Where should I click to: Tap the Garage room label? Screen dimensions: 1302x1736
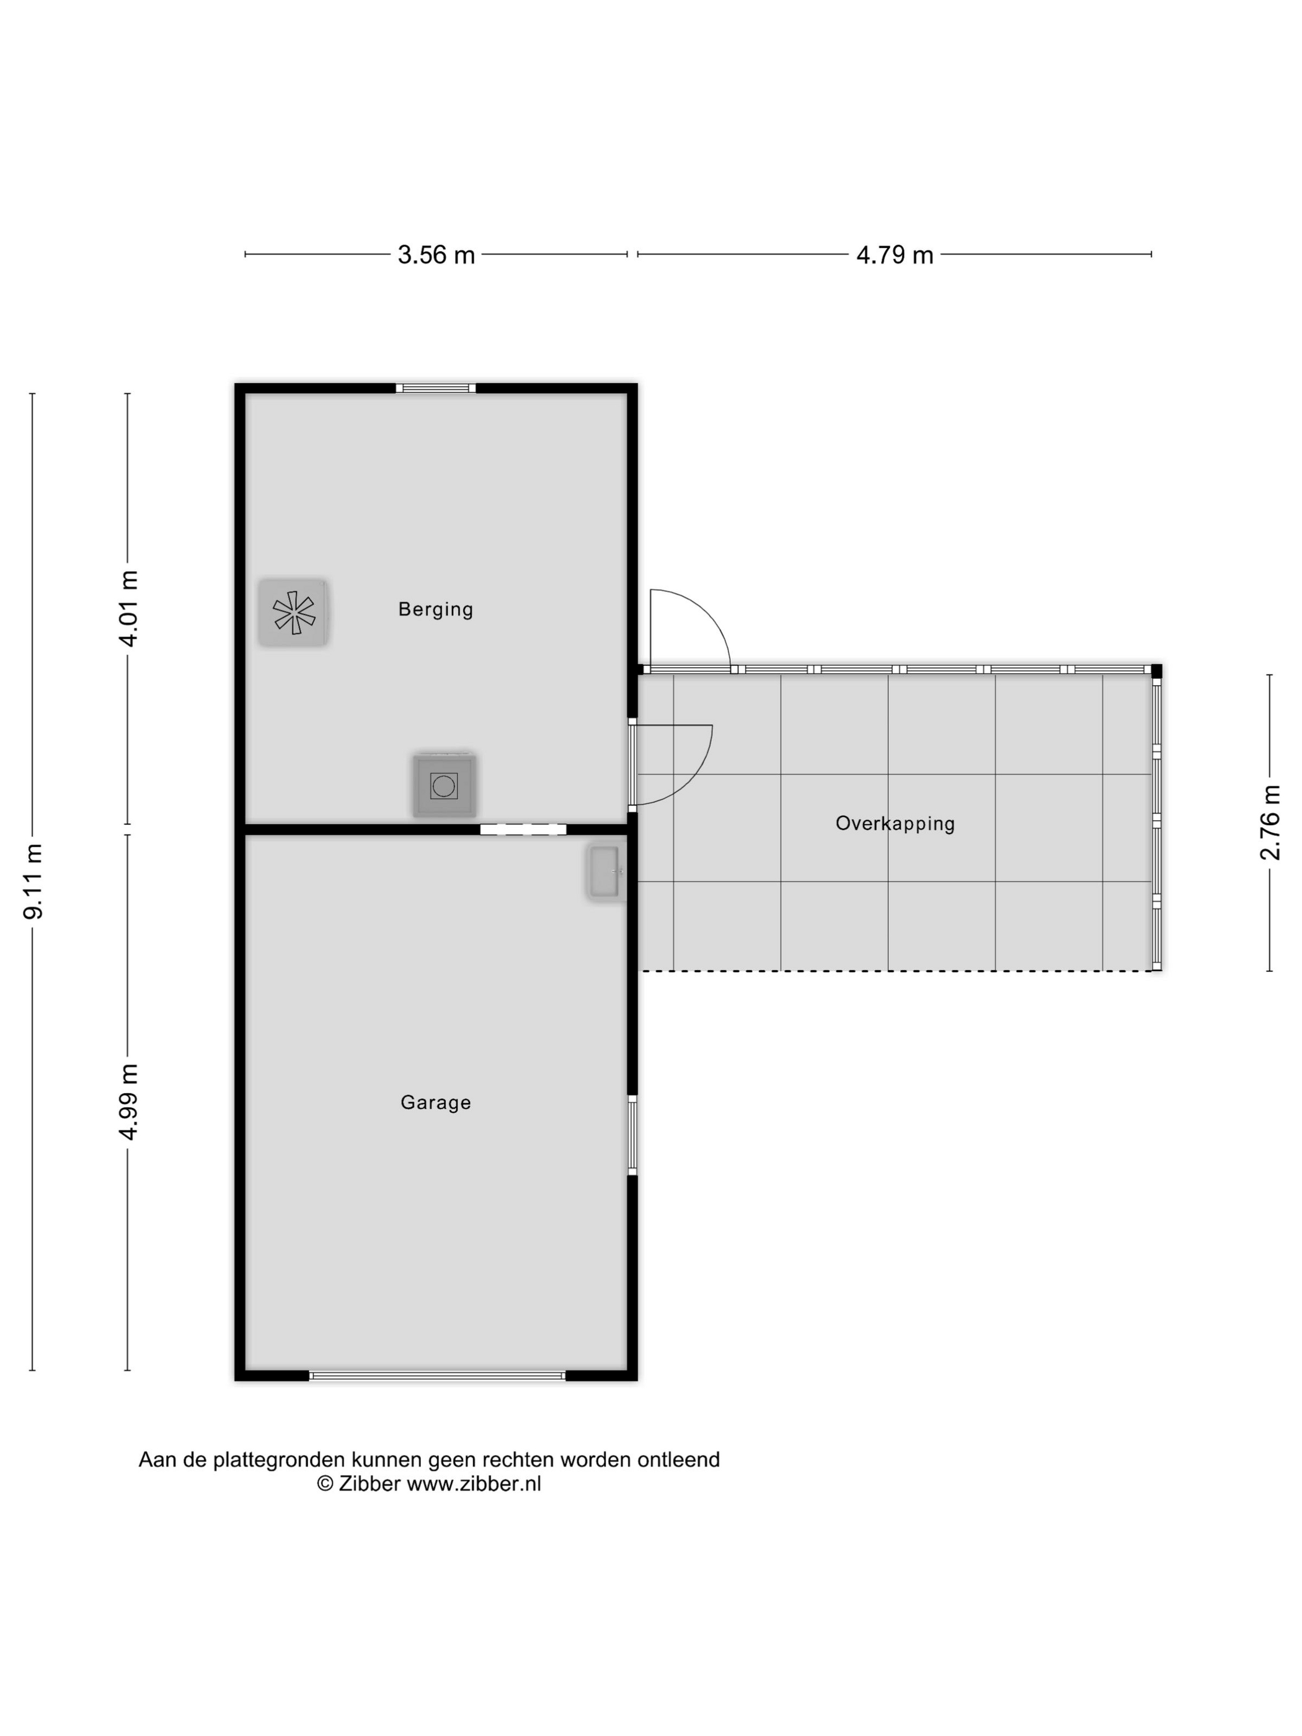436,1102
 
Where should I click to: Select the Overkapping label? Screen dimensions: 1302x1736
895,823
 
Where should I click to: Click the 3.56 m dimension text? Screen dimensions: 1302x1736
436,255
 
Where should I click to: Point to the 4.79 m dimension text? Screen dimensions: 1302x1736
895,255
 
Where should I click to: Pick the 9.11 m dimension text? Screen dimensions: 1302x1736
33,882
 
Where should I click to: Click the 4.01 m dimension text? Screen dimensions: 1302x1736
128,608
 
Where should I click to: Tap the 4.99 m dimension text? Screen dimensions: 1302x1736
128,1102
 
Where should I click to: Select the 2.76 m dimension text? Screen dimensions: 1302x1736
1270,823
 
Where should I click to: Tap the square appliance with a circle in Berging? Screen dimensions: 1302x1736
444,785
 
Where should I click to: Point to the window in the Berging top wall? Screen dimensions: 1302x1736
436,387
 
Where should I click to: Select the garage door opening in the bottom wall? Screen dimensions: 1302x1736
437,1376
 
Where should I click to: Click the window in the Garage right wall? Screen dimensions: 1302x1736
632,1135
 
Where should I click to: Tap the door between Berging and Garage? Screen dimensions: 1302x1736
523,829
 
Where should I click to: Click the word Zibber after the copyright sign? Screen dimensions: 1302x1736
370,1484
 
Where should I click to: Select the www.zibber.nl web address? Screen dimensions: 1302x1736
474,1484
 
